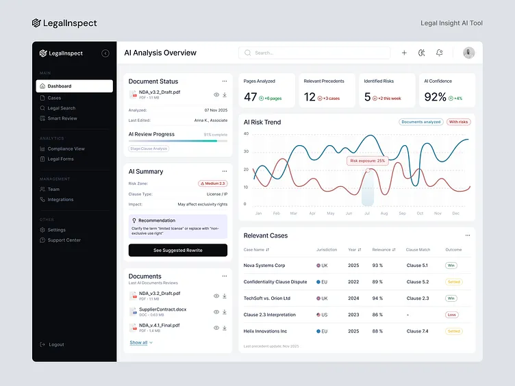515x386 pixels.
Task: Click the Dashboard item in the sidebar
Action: point(74,86)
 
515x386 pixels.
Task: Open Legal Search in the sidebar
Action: point(61,108)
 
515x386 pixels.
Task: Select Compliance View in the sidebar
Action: point(66,149)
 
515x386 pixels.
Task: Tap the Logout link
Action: point(56,344)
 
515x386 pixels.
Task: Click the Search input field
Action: point(315,53)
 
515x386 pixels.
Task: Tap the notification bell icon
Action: point(439,53)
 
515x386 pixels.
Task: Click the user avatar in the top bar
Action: point(469,53)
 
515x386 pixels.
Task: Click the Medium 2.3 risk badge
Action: point(212,183)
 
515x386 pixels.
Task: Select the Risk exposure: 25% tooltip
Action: point(368,161)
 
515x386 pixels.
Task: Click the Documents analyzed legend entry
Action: point(421,122)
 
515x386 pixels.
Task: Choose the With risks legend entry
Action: point(459,122)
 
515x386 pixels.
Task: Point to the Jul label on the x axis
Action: point(366,213)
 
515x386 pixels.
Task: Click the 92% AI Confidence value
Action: point(436,97)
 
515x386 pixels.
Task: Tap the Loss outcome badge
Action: point(451,315)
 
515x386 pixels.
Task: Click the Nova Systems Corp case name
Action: point(264,266)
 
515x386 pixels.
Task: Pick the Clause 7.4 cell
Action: point(417,331)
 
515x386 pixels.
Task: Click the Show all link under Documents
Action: point(139,342)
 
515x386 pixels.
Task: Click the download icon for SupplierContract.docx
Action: point(225,312)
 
